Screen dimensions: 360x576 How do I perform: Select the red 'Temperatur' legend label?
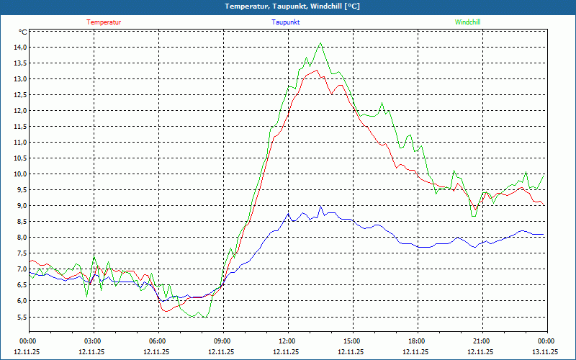[104, 22]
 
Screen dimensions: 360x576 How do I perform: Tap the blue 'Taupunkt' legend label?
[286, 22]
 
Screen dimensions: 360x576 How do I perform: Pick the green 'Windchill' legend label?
[468, 22]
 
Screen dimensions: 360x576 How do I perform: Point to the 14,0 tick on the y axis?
[18, 48]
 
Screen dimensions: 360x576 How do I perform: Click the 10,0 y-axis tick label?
[18, 174]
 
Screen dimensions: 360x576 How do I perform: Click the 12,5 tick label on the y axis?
[18, 95]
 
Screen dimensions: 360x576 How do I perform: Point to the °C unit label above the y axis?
[22, 32]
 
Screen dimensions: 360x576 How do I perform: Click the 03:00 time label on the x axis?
[93, 341]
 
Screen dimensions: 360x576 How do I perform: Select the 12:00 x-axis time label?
[287, 341]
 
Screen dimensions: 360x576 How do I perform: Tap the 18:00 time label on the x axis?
[417, 341]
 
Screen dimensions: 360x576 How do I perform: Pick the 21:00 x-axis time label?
[482, 341]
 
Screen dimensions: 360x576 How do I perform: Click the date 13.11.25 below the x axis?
[545, 352]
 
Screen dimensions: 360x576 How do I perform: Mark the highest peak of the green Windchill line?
[321, 43]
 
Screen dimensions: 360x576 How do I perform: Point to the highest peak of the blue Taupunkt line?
[321, 207]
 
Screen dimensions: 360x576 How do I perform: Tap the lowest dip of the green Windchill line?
[205, 317]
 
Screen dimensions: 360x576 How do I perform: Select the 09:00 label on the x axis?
[222, 341]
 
